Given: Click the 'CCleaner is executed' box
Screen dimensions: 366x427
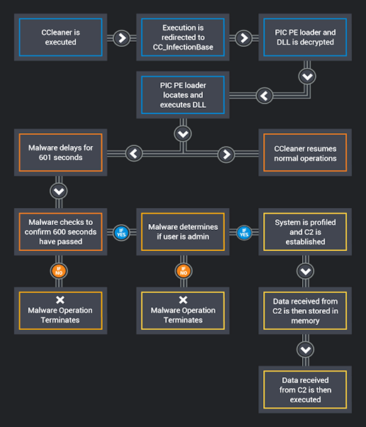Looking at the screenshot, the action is [x=60, y=38].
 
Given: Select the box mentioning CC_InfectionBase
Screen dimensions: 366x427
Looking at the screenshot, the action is [x=183, y=38].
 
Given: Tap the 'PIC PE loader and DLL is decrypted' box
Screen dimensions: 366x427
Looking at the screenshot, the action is [x=305, y=38].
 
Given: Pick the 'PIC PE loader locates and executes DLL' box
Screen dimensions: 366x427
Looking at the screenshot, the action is [x=183, y=95].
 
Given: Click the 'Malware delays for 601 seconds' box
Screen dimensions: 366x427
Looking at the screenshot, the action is [x=60, y=152].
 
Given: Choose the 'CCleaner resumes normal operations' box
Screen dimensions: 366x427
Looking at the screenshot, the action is [x=305, y=152].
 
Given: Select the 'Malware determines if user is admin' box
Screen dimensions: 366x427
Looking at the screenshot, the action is [x=183, y=232].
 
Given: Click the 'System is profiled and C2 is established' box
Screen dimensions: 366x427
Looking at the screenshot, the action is [x=305, y=232].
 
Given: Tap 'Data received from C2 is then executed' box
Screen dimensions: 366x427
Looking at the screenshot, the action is [x=305, y=389].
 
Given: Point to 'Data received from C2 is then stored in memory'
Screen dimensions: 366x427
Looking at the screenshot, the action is [x=305, y=311].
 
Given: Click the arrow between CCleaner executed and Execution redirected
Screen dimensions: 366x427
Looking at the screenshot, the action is [x=122, y=38].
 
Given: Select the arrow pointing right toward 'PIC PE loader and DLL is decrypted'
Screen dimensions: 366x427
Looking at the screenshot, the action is [x=244, y=38].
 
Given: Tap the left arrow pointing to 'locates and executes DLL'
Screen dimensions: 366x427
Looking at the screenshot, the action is [x=265, y=96].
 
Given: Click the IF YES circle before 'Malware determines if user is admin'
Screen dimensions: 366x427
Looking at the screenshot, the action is [x=121, y=233].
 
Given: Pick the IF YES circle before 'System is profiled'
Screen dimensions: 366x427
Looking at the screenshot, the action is [x=244, y=233].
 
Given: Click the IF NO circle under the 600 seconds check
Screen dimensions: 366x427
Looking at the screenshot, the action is [x=59, y=271].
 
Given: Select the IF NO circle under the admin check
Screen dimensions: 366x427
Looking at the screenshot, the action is [x=184, y=271].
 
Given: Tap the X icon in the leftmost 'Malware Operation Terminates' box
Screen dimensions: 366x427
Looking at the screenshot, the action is [x=60, y=300].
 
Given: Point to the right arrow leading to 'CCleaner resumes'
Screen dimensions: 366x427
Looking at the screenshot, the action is [x=226, y=155].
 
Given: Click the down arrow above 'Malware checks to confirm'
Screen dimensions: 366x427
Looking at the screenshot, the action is [x=59, y=191].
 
